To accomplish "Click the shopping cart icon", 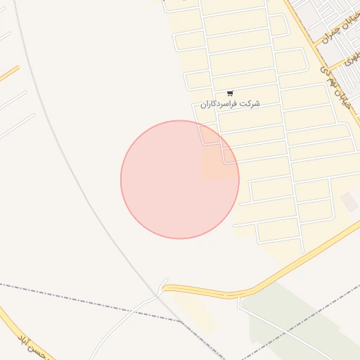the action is [231, 94].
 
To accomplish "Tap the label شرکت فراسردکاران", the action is [230, 104].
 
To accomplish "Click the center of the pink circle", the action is [180, 179].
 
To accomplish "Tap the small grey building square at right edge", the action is [349, 202].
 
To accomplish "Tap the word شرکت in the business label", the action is [250, 104].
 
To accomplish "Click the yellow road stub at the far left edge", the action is [9, 73].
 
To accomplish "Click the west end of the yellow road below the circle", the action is [167, 288].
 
